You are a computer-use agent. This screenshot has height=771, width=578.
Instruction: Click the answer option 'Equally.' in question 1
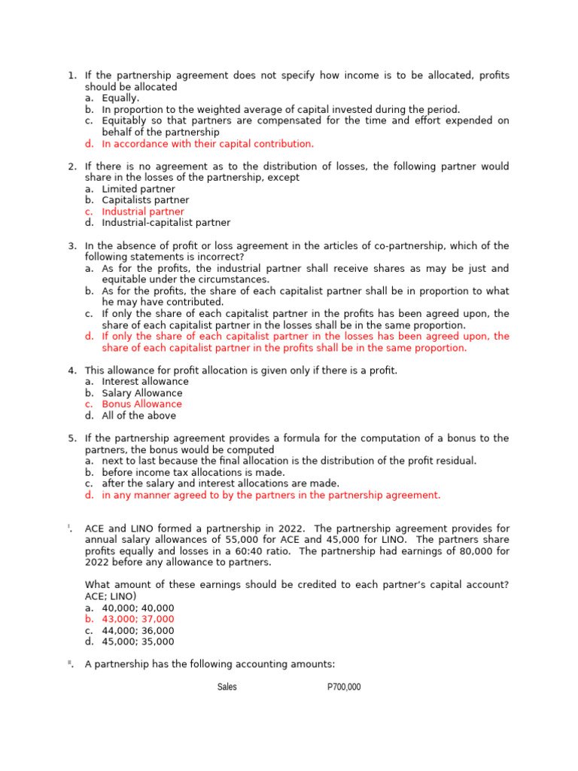point(120,98)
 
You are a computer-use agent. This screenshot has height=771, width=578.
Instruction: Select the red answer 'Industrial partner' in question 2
point(142,212)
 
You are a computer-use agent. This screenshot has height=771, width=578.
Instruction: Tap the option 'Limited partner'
point(138,189)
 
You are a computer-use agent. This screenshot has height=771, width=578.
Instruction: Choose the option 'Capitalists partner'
point(145,200)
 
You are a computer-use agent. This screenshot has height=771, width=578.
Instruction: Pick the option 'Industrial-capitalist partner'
point(166,223)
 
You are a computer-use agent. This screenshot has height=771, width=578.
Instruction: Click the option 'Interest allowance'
point(145,382)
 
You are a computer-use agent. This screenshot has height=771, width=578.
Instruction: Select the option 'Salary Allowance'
point(142,393)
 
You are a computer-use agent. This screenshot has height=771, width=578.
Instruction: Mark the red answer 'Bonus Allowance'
point(141,404)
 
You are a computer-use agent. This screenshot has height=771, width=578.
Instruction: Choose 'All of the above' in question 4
point(139,416)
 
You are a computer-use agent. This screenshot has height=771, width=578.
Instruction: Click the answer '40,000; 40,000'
point(138,608)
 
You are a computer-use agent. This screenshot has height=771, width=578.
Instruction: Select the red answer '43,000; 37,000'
point(138,620)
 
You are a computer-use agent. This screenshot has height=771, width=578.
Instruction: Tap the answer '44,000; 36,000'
point(138,631)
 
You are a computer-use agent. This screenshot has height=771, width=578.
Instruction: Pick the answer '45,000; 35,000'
point(138,642)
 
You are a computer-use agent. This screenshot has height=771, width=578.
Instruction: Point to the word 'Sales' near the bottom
point(227,687)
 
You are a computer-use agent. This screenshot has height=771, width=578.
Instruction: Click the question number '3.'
point(72,246)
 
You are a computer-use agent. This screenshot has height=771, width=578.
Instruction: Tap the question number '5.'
point(72,438)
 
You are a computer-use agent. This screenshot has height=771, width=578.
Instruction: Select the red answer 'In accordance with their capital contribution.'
point(208,144)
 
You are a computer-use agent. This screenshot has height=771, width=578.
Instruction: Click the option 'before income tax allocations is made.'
point(193,472)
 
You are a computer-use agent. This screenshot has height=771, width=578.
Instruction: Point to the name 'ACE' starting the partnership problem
point(96,529)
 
